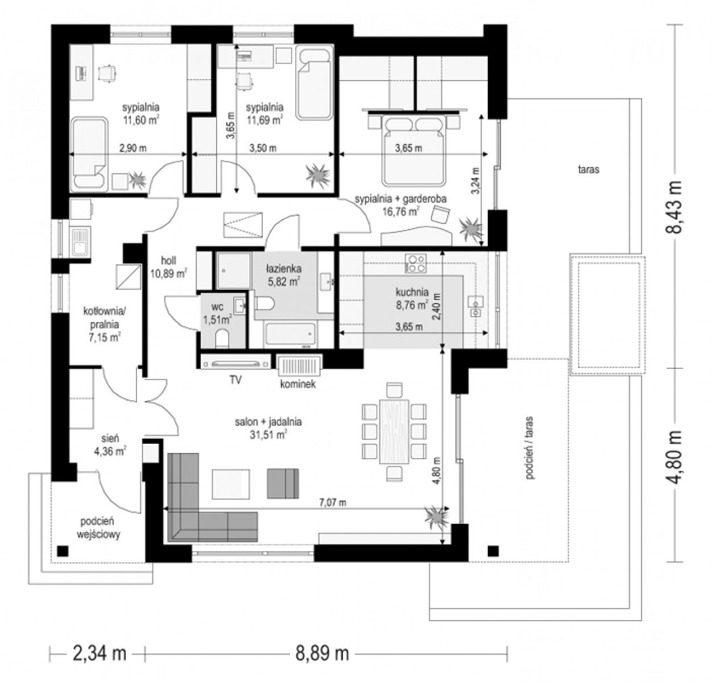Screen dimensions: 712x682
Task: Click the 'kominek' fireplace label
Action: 298,384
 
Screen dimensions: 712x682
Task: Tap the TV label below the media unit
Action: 235,380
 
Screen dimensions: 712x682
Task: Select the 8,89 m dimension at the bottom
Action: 322,654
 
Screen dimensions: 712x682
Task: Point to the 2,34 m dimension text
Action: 100,654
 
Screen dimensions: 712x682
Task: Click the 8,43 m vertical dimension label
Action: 673,207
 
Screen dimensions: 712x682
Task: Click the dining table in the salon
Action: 394,431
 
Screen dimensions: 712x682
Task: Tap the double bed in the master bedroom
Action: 414,150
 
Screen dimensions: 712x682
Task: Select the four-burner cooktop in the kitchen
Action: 416,263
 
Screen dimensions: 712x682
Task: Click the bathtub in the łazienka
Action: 290,334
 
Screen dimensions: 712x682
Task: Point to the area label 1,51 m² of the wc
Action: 217,319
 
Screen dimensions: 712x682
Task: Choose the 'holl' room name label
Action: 168,261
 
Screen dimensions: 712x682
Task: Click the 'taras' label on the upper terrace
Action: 589,170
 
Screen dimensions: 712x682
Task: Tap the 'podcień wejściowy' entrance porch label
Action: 98,527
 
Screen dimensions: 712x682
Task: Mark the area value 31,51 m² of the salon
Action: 268,435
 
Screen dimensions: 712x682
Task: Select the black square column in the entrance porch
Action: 63,551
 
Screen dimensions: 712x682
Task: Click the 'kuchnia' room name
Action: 412,292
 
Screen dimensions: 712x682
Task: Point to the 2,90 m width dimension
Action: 133,148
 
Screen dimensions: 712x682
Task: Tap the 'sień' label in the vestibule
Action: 110,438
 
